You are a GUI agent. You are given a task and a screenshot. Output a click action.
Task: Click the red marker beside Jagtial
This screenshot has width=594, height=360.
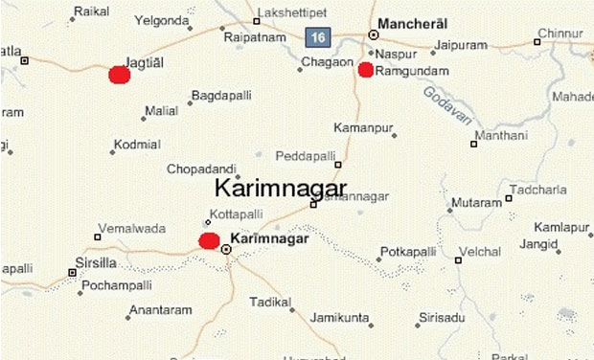120,75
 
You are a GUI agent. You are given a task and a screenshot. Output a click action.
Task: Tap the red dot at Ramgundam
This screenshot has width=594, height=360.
365,69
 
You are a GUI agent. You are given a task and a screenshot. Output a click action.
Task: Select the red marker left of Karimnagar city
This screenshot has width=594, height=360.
209,240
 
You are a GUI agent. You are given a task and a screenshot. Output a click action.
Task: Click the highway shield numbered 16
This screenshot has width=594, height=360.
317,36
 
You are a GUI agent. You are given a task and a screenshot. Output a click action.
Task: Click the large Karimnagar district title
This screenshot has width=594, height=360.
281,188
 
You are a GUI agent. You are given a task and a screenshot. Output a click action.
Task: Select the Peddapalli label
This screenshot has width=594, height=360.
306,155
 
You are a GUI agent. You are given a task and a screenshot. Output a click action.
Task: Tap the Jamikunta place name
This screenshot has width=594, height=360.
340,317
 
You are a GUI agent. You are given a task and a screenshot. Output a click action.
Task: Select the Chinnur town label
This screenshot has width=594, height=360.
560,34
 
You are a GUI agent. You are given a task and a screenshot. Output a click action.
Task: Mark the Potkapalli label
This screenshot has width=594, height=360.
408,252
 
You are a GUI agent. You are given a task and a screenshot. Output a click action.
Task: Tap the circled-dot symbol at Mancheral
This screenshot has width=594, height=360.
374,34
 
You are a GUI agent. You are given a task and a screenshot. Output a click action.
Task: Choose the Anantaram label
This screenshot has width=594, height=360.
160,310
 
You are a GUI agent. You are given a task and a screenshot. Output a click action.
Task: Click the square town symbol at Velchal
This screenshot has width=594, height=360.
458,259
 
